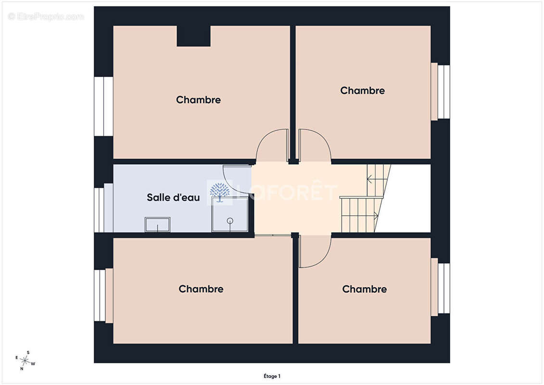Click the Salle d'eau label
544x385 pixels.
tap(173, 197)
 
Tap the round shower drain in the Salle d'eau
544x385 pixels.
tap(230, 220)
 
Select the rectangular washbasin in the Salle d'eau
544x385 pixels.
tap(157, 225)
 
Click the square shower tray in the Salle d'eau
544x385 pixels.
tap(230, 215)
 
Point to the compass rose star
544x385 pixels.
tap(25, 361)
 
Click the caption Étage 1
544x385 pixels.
tap(272, 376)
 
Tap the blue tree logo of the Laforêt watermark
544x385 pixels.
tap(220, 192)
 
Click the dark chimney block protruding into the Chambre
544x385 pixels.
tap(193, 36)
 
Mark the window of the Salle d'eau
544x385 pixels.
tap(99, 210)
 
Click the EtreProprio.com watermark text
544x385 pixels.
tap(46, 16)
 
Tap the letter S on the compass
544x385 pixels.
tap(28, 352)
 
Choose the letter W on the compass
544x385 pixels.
tap(33, 364)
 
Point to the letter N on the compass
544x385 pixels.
tap(22, 369)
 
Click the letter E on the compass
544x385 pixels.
tap(17, 358)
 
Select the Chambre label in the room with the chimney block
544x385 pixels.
tap(199, 100)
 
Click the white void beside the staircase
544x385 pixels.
tap(406, 198)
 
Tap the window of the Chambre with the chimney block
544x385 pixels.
tap(103, 106)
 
